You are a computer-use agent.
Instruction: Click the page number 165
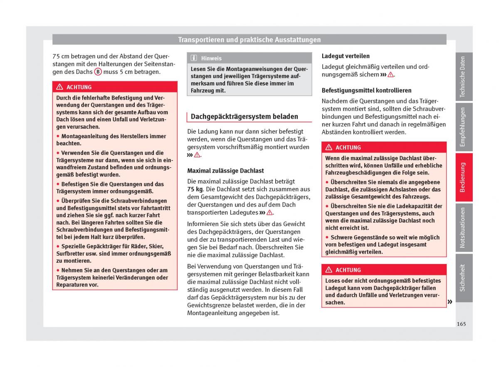(460, 324)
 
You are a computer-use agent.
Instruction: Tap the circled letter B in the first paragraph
(98, 71)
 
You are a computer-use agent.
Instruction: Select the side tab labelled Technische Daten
(463, 77)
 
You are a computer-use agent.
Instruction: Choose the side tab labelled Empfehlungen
(463, 127)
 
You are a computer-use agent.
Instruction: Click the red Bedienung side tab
(463, 177)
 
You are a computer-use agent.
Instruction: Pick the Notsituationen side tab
(463, 227)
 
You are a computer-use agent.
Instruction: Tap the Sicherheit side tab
(463, 277)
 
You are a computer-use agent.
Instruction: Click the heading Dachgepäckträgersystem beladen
(244, 117)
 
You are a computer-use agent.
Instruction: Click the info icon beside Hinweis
(194, 58)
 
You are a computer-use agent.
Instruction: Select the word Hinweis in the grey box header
(211, 59)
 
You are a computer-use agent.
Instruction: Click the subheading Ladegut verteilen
(345, 56)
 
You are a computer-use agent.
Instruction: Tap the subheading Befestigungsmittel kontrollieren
(366, 90)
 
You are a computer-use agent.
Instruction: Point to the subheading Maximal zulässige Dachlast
(225, 171)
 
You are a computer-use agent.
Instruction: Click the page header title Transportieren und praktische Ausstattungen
(249, 40)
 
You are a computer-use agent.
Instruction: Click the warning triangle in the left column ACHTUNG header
(60, 87)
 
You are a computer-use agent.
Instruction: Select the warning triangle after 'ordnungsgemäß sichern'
(390, 75)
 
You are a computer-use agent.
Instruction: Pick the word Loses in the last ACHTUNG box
(333, 281)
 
